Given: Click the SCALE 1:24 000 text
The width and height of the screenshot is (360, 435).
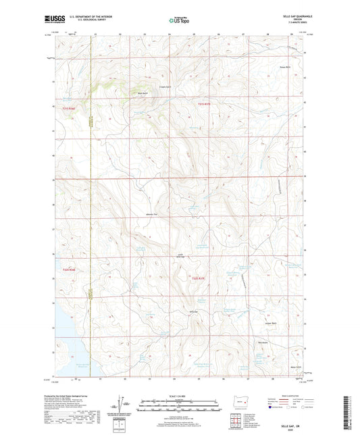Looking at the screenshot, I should tap(180, 396).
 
